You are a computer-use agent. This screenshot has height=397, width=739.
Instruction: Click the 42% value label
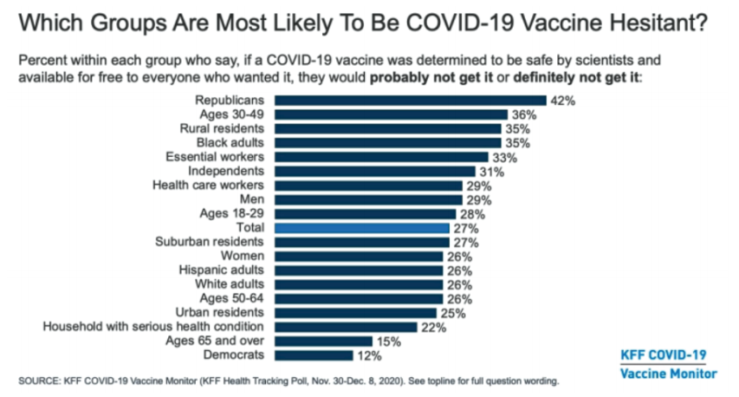pyautogui.click(x=562, y=101)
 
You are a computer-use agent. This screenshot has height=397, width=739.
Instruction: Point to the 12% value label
pyautogui.click(x=368, y=355)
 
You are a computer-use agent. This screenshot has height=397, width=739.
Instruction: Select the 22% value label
pyautogui.click(x=434, y=328)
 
